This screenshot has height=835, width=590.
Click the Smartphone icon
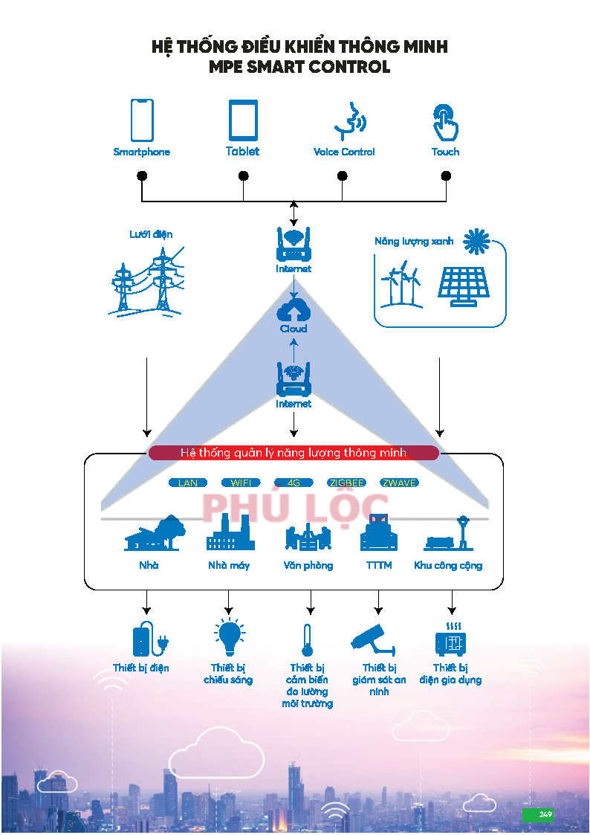click(x=142, y=120)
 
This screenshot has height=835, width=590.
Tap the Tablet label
click(x=243, y=152)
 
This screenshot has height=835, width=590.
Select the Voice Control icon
click(x=348, y=121)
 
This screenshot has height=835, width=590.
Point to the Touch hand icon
click(x=445, y=122)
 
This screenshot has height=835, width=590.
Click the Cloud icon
click(x=294, y=308)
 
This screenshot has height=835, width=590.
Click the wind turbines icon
click(x=401, y=284)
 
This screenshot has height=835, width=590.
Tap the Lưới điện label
click(x=151, y=234)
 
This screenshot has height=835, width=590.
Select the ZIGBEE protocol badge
click(x=347, y=483)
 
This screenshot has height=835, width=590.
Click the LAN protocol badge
click(x=188, y=483)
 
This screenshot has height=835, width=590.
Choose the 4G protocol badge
click(x=294, y=483)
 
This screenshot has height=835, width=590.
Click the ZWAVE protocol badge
click(x=399, y=483)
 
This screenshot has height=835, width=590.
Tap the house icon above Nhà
click(x=154, y=532)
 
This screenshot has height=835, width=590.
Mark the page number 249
click(x=545, y=814)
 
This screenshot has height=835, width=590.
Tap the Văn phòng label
click(x=308, y=566)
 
